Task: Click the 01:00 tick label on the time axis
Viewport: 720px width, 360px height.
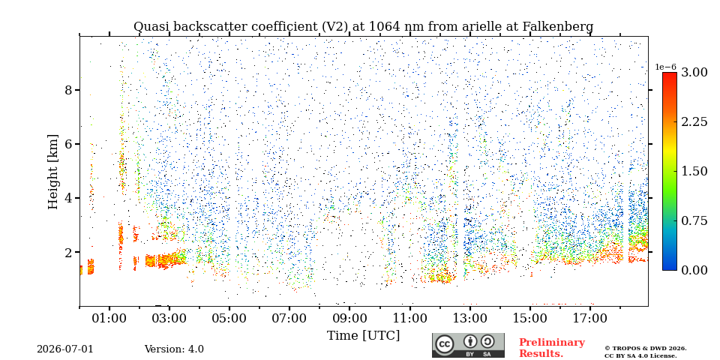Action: coord(109,318)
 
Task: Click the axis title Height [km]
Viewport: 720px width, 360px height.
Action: coord(53,172)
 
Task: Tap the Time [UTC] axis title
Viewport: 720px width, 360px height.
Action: coord(363,336)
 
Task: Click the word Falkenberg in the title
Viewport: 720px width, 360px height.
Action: coord(558,27)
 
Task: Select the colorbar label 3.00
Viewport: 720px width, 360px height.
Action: coord(694,73)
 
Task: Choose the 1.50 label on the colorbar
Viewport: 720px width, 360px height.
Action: coord(694,171)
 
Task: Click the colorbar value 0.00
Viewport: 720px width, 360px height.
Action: coord(694,270)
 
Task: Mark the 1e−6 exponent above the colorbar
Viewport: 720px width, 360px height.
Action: coord(666,67)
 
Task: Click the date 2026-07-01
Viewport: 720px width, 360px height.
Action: coord(65,349)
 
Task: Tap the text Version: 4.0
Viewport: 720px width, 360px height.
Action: coord(174,349)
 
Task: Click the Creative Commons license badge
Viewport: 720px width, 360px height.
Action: coord(468,345)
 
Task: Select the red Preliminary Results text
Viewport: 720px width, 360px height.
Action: coord(552,347)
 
